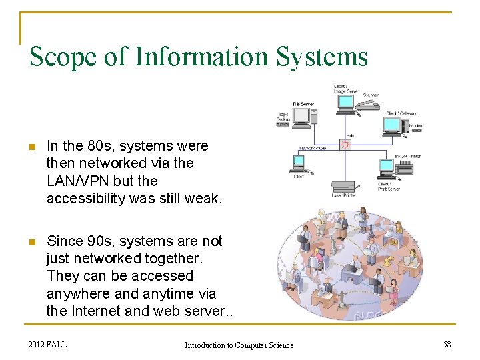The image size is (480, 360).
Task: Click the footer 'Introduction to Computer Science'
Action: tap(239, 345)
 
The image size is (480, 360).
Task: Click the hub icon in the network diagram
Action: tap(345, 144)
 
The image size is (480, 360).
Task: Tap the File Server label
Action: tap(303, 104)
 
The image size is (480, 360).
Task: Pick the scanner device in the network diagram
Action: tap(369, 106)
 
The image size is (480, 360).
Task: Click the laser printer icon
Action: tap(344, 186)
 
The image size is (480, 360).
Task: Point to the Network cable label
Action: tap(312, 148)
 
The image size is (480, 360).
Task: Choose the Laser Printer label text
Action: tap(344, 195)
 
